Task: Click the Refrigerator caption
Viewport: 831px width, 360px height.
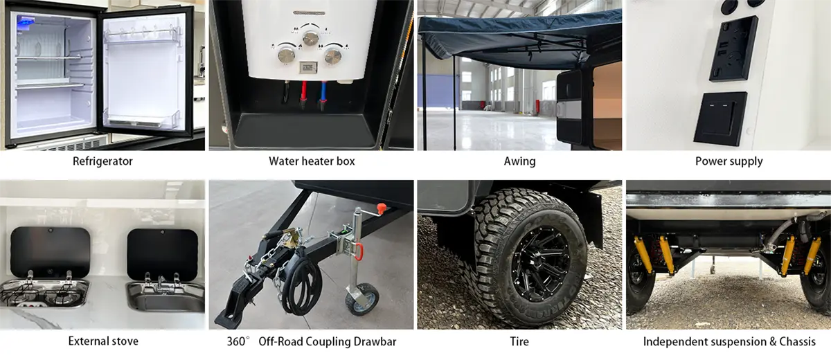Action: [x=102, y=161]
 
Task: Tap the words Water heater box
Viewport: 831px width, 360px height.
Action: [x=312, y=161]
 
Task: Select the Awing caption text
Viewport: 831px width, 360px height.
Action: [x=519, y=161]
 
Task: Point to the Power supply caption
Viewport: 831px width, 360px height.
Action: [x=729, y=161]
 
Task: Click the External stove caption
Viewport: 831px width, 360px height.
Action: [x=103, y=341]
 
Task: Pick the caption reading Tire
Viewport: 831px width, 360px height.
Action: [x=519, y=341]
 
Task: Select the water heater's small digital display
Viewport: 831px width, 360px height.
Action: [x=309, y=67]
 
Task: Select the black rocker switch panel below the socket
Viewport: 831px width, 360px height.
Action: [x=720, y=118]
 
